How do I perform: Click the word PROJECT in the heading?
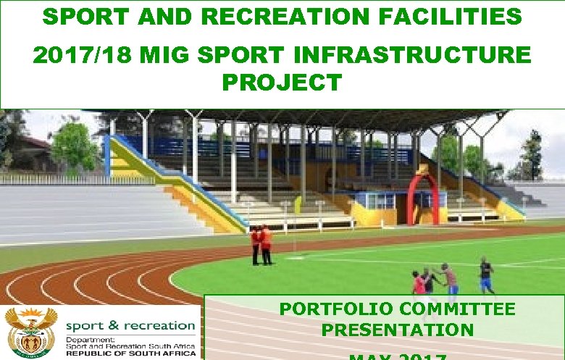[x=282, y=83]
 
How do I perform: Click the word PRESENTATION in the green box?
[x=398, y=330]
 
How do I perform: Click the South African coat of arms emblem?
[x=30, y=331]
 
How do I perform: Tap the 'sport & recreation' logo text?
[x=130, y=326]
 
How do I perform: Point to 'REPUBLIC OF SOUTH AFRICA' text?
[x=130, y=353]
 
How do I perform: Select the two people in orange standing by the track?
[x=261, y=244]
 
